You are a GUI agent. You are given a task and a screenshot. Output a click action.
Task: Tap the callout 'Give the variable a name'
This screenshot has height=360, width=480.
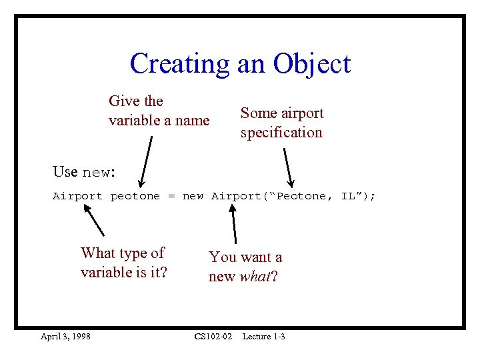(x=159, y=111)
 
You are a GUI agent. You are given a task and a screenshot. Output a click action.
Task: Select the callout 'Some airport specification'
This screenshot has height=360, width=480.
(x=281, y=123)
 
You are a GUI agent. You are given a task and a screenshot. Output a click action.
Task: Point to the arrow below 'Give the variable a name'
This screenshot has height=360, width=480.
(x=146, y=160)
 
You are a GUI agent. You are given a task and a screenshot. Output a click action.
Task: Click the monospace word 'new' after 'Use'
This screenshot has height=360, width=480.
(x=96, y=172)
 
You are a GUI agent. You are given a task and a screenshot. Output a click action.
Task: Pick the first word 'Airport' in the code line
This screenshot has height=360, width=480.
(x=77, y=196)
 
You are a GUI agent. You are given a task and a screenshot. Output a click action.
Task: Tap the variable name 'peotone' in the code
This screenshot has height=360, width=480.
(x=135, y=196)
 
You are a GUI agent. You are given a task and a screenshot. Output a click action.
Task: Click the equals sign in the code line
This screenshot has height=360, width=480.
(x=171, y=196)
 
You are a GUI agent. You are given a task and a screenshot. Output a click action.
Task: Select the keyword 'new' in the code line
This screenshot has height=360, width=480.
(x=193, y=196)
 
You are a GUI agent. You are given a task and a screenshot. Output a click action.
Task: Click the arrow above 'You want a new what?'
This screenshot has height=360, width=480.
(x=234, y=223)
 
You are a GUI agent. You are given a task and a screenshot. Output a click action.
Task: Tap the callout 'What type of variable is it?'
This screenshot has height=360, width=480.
(x=123, y=263)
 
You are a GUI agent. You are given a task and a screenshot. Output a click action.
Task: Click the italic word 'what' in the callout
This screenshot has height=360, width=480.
(x=254, y=276)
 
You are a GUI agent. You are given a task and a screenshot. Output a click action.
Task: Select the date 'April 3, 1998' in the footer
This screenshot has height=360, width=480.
(x=65, y=337)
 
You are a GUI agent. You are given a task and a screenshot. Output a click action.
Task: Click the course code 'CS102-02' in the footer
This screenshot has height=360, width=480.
(x=213, y=337)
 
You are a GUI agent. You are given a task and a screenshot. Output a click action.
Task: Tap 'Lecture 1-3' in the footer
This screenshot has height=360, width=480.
(x=263, y=337)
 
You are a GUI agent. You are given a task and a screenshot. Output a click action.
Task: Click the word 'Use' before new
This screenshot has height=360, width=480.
(x=65, y=171)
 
